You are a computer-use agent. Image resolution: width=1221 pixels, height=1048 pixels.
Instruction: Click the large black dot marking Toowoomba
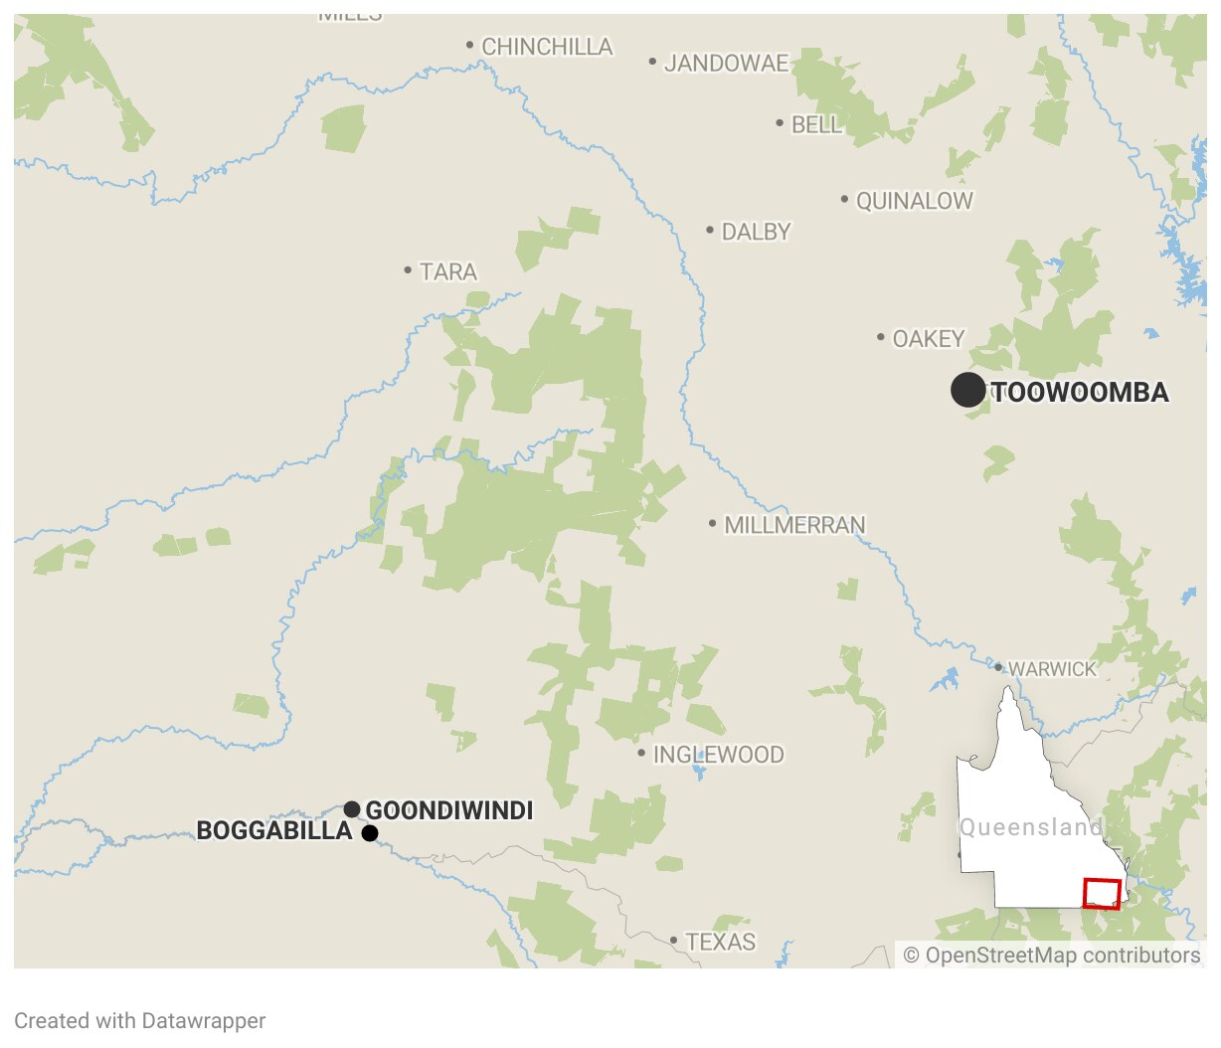tap(967, 390)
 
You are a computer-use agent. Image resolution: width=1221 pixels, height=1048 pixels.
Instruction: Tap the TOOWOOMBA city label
tap(1081, 393)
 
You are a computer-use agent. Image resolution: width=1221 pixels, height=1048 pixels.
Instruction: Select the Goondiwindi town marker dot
tap(352, 809)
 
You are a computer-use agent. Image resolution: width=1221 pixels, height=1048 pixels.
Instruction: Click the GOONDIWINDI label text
tap(449, 810)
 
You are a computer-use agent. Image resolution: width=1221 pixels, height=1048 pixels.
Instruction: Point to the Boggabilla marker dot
tap(370, 833)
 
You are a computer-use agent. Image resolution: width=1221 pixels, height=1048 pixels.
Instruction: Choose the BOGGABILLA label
tap(274, 831)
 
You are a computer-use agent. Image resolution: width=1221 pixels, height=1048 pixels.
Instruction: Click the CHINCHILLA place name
tap(547, 47)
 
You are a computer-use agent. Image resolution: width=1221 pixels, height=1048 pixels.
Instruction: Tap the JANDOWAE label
tap(726, 64)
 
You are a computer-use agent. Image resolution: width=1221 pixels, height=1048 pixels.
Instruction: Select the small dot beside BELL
tap(780, 123)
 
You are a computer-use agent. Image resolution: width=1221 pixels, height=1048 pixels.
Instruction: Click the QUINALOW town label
tap(914, 201)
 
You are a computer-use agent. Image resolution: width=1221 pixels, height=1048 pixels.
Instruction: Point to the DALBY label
tap(756, 232)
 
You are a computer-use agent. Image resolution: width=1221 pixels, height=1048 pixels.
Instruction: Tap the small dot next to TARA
tap(408, 270)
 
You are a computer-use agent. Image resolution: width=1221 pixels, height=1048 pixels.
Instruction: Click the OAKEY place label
tap(929, 339)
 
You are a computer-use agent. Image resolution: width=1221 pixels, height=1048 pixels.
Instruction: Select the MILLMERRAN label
tap(794, 525)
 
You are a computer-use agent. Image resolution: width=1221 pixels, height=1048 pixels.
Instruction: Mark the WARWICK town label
tap(1052, 669)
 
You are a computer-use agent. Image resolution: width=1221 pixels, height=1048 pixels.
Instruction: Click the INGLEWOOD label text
tap(718, 755)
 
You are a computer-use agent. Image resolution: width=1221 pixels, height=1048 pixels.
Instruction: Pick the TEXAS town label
tap(720, 942)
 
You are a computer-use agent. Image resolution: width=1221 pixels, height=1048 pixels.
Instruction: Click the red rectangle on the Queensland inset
tap(1102, 894)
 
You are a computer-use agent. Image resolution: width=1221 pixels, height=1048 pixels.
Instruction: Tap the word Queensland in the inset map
tap(1030, 827)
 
